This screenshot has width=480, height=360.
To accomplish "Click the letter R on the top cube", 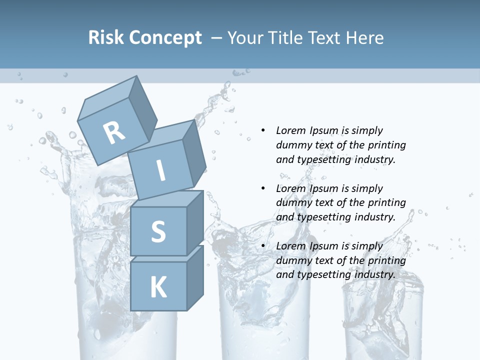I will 114,132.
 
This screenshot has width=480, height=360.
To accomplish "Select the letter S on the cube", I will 158,231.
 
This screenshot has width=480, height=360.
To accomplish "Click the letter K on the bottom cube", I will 158,287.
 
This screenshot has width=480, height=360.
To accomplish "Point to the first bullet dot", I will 263,131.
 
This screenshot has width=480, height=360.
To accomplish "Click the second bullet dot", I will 263,188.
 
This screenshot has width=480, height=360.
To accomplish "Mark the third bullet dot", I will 263,246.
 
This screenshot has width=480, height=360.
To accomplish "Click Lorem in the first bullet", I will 290,131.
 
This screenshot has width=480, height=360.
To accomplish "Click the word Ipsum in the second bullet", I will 324,188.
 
